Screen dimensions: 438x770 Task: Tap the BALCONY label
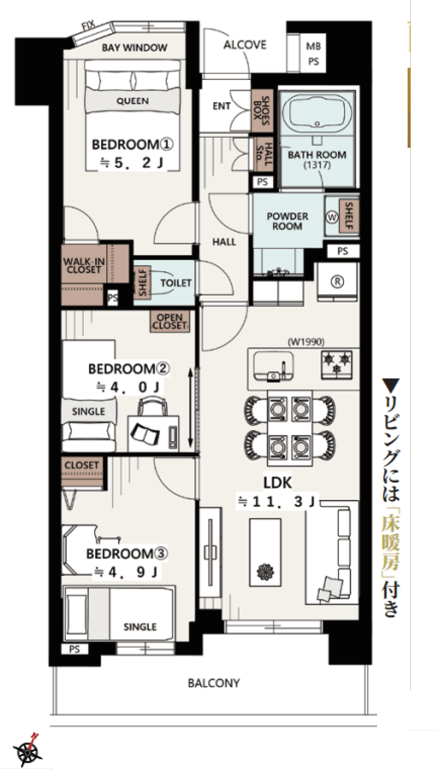coord(213,683)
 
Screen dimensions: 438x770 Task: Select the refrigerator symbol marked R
coord(337,282)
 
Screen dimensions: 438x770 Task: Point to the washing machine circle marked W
coord(332,217)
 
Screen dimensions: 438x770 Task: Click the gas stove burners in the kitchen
coord(337,365)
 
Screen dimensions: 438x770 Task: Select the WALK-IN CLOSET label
coord(84,266)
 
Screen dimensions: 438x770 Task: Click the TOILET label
coord(176,283)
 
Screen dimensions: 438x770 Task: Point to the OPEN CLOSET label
coord(170,321)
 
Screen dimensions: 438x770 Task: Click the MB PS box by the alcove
coord(313,54)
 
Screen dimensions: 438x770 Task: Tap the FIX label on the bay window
coord(88,26)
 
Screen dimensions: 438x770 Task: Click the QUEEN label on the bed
coord(133,101)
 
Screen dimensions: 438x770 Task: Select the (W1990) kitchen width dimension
coord(306,342)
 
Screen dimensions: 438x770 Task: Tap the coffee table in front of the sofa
coord(265,552)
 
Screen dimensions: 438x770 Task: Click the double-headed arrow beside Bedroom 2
coord(190,408)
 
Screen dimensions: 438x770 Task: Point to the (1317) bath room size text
coord(317,165)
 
